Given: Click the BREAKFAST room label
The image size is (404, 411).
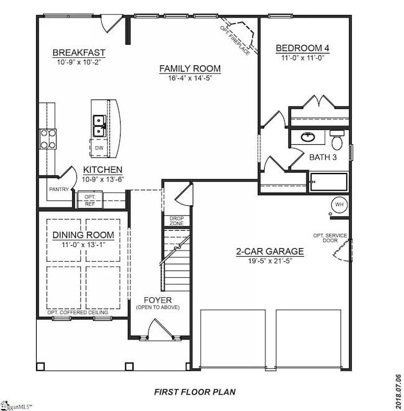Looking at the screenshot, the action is tap(79, 52).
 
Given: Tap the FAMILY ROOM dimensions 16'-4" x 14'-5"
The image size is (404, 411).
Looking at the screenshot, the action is tap(190, 78).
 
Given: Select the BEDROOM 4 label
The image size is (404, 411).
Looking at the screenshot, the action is tap(303, 48).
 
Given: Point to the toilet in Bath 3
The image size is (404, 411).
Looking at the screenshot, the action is tap(337, 140).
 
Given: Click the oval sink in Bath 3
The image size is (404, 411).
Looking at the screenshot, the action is tap(308, 137).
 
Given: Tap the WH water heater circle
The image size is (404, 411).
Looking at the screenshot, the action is tap(339, 204).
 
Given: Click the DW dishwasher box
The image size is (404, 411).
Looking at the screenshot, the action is tap(99, 148).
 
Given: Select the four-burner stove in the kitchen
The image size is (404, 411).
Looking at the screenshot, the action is tap(48, 139).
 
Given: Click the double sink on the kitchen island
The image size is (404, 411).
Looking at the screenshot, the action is tap(99, 126).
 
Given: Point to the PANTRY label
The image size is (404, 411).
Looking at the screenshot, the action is tap(59, 189).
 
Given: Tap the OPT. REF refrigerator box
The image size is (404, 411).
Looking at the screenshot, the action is tap(90, 200).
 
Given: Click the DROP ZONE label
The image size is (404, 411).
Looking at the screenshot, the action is tap(177, 221).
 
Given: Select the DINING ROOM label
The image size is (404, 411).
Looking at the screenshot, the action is tap(83, 235).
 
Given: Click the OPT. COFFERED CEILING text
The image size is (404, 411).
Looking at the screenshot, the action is tap(78, 312).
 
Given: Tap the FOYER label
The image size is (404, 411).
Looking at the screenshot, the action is tap(158, 300).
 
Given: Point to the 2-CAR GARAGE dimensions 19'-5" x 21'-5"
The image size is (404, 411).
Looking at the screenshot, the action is tap(270, 261).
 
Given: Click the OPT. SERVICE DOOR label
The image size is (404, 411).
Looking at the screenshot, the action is tap(330, 238).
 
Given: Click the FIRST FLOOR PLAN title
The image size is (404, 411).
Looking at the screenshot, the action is tap(195, 392).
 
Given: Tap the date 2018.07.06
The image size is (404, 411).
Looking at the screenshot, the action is tap(398, 392).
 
